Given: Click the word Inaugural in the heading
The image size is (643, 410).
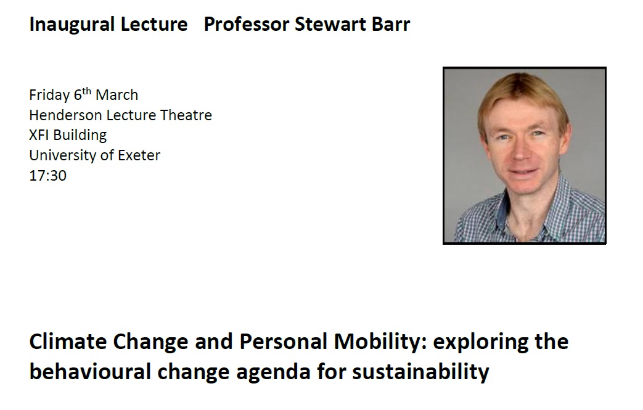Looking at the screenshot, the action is click(x=72, y=25).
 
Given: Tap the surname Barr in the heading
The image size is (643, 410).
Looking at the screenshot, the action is click(x=391, y=24).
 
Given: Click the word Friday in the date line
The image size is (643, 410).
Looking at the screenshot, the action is click(x=49, y=96).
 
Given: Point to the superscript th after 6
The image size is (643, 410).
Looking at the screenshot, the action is click(x=86, y=91).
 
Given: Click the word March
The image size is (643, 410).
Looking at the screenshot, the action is click(x=117, y=95).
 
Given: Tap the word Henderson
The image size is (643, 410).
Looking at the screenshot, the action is click(x=65, y=115).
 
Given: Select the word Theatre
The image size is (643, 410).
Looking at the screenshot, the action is click(x=186, y=115).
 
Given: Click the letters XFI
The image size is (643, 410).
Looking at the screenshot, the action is click(x=39, y=135).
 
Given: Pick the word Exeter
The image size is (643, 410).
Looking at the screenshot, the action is click(x=139, y=155).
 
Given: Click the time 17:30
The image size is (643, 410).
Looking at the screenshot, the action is click(x=47, y=176).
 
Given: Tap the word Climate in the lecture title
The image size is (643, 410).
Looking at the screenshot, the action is click(x=68, y=342).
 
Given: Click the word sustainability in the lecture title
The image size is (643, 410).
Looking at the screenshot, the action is click(x=420, y=372).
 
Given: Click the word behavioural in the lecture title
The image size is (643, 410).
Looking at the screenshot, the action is click(x=90, y=372).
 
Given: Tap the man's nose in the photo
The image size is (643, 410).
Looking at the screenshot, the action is click(x=520, y=152).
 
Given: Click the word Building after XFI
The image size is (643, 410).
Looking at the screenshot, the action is click(x=80, y=135).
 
